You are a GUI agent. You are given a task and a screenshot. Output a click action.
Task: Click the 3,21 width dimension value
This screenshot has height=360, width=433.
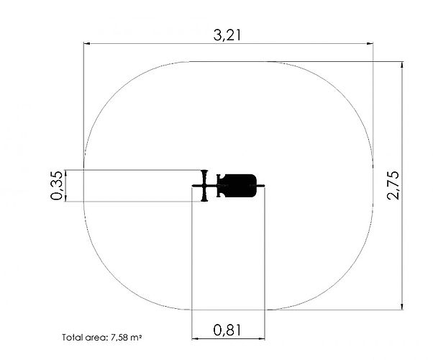[227, 35]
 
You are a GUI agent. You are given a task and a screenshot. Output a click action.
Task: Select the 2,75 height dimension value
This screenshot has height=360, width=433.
[393, 185]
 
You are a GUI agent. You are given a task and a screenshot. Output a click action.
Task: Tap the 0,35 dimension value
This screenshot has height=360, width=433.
[57, 186]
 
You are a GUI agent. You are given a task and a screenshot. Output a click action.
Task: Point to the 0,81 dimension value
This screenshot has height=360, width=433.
[227, 330]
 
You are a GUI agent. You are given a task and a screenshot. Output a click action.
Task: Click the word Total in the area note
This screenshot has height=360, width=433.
[71, 338]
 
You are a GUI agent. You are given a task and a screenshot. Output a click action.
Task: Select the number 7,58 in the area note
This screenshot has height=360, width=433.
[119, 338]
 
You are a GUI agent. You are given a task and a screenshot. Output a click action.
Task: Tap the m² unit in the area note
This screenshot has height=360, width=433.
[137, 338]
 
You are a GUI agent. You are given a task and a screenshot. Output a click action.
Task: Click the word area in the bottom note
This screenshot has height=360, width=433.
[95, 338]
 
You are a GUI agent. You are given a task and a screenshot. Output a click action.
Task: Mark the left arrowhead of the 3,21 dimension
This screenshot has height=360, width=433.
[87, 43]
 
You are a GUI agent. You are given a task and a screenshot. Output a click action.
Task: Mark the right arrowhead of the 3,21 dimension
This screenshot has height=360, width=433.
[370, 43]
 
